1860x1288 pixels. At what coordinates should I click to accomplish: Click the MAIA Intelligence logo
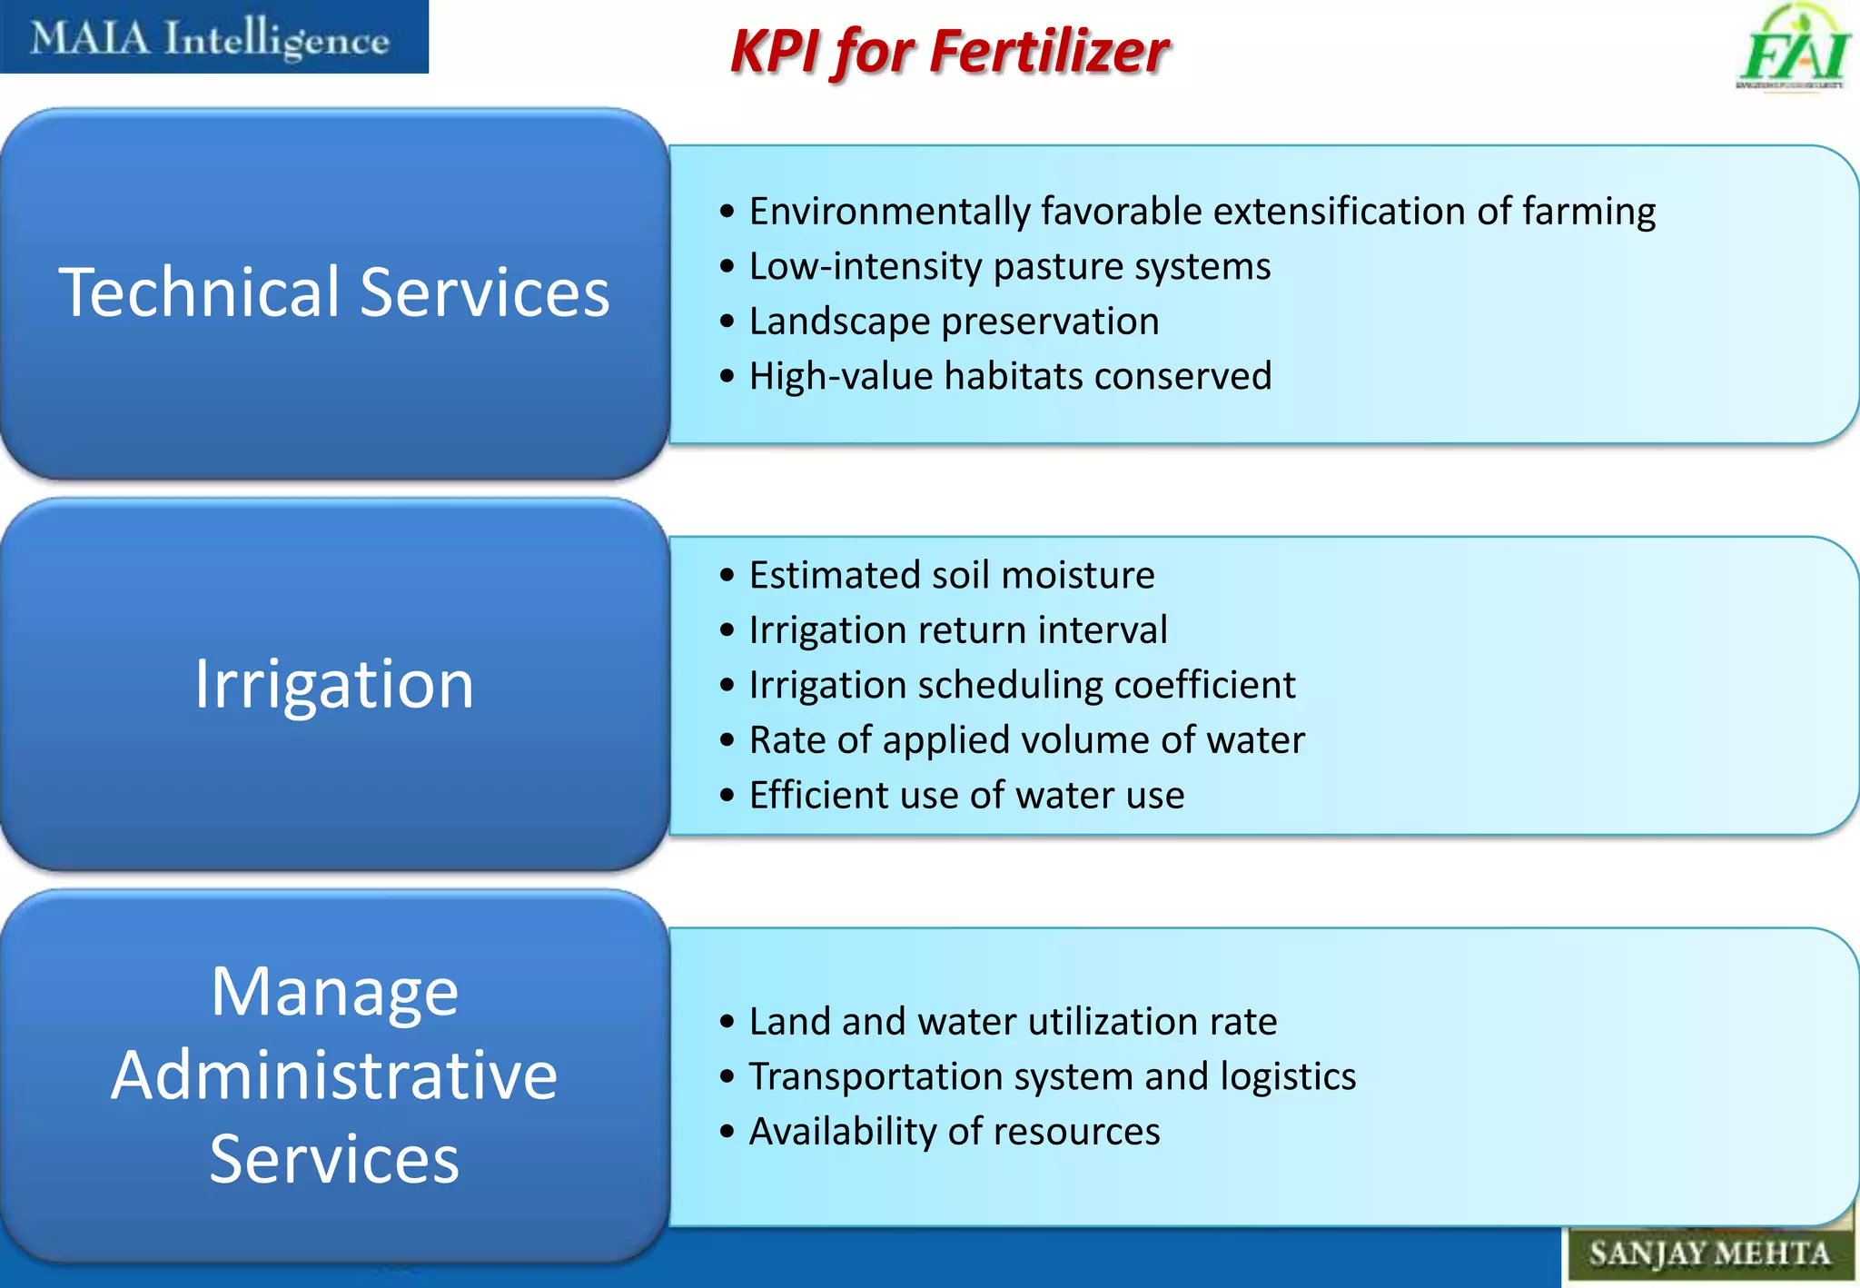211,38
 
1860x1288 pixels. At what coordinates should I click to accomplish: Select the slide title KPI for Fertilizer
949,51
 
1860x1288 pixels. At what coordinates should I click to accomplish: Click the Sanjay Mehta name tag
1708,1253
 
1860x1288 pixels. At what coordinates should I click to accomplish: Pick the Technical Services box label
334,292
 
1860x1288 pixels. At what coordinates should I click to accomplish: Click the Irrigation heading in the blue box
334,684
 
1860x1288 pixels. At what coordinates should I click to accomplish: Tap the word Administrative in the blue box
334,1075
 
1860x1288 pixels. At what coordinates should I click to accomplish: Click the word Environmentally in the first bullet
889,212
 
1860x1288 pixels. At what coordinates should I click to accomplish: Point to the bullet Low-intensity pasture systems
1009,267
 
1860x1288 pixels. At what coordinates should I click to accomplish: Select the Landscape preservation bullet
954,322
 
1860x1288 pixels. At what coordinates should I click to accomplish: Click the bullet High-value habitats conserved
1010,376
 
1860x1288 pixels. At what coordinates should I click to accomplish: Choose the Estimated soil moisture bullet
951,575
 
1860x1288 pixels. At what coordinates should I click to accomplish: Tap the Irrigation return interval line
957,630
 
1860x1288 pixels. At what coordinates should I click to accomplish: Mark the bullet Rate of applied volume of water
1026,740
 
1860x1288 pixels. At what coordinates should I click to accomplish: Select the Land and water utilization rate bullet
1013,1022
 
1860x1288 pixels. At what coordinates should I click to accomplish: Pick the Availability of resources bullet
954,1132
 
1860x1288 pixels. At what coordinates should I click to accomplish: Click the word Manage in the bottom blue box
334,992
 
